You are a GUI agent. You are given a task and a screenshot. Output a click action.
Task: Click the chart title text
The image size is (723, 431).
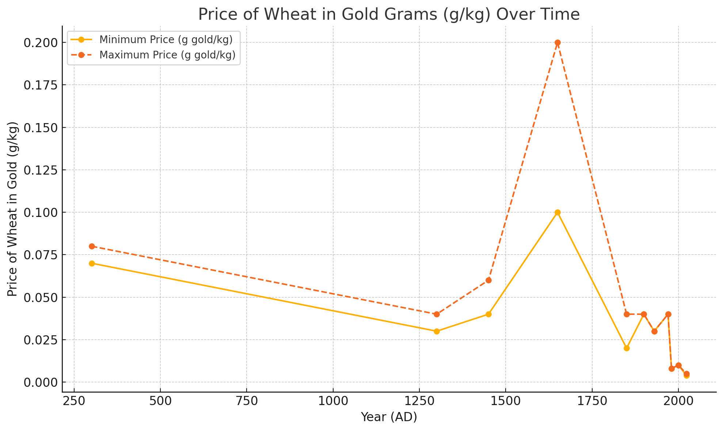(389, 15)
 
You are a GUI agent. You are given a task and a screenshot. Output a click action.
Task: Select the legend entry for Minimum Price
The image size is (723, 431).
(166, 39)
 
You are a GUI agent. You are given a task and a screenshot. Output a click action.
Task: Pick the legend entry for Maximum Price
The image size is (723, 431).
(167, 55)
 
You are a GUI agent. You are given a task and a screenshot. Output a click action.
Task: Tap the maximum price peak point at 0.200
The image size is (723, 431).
(558, 42)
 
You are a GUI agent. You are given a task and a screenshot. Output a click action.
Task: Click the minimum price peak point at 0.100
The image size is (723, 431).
(558, 212)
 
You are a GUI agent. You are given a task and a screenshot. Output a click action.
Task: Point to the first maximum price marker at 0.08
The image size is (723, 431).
(92, 246)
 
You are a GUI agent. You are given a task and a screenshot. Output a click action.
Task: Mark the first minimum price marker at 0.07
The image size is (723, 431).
(92, 263)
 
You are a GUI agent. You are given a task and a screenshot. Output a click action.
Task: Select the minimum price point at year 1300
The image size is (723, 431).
(437, 331)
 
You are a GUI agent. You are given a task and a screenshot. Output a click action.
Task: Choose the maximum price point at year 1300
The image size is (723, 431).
(437, 314)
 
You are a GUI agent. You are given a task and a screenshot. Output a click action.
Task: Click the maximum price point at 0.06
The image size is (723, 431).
(488, 280)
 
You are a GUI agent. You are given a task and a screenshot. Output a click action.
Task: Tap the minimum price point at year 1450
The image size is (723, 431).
(488, 314)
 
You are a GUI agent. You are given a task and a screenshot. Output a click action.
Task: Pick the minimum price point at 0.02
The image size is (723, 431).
(627, 348)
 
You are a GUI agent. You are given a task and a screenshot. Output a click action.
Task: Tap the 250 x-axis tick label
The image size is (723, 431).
(74, 400)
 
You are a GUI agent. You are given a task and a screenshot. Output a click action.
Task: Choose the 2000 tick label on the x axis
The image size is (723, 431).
(678, 400)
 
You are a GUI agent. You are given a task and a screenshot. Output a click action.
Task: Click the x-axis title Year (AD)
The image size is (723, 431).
(389, 417)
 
